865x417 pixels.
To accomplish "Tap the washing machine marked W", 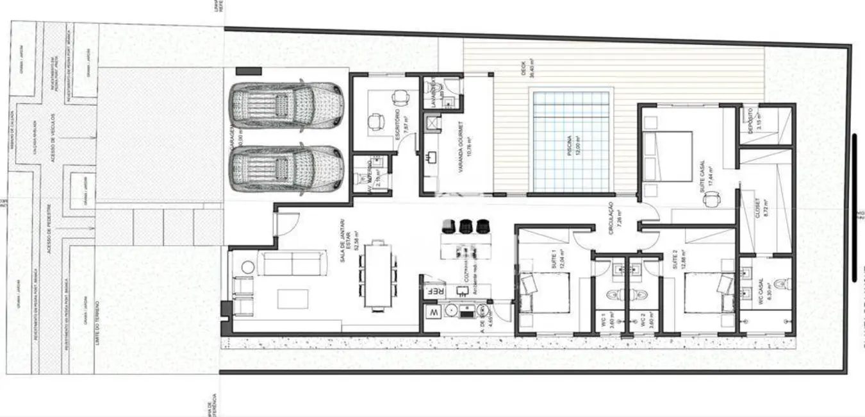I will [x=434, y=312].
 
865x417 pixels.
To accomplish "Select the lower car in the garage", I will [x=286, y=169].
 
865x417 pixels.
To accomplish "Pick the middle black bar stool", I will [x=466, y=226].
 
